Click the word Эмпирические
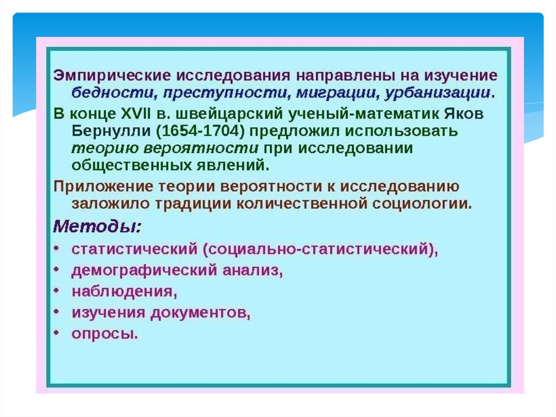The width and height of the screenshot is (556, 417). [112, 76]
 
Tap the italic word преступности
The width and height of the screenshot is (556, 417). [225, 93]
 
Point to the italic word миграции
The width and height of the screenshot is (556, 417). [336, 93]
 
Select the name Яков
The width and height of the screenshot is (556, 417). [464, 114]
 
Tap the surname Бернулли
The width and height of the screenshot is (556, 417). [111, 132]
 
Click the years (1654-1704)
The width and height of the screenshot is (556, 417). [200, 132]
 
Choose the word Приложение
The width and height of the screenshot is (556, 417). [103, 187]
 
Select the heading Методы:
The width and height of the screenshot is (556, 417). [97, 226]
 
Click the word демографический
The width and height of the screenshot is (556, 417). [144, 271]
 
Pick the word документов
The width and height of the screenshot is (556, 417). [200, 313]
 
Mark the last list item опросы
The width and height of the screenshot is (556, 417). [105, 334]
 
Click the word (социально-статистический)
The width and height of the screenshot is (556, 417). [320, 250]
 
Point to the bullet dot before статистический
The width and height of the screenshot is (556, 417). [56, 248]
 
